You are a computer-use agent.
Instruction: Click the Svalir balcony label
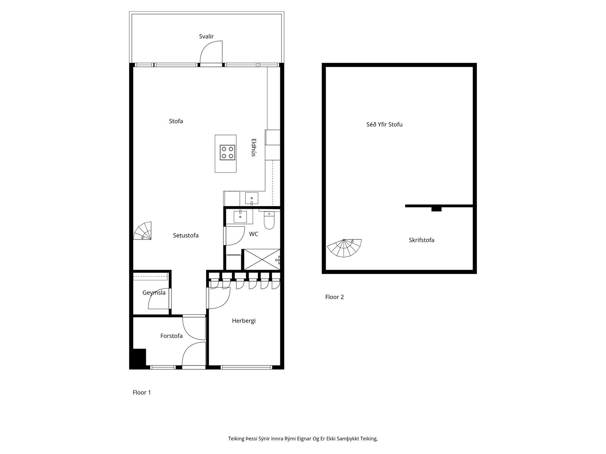(x=206, y=36)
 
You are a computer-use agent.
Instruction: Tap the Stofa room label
(x=176, y=121)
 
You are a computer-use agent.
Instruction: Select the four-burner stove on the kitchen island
(x=228, y=152)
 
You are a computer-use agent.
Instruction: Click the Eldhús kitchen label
(x=253, y=148)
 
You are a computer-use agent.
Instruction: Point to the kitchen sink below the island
(x=251, y=199)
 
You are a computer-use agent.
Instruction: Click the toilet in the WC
(x=269, y=221)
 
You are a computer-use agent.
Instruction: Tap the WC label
(x=253, y=234)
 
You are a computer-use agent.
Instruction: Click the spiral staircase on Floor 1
(x=142, y=231)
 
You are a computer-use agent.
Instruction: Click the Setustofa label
(x=186, y=235)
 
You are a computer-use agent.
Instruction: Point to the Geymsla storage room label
(x=154, y=293)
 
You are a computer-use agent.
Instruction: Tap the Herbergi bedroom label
(x=244, y=321)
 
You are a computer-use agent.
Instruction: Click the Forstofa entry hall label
(x=171, y=336)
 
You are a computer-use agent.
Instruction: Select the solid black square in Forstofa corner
(x=138, y=359)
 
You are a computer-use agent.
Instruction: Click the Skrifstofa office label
(x=421, y=240)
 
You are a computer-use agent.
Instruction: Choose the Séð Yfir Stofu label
(x=384, y=124)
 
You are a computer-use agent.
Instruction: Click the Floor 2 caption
(x=334, y=297)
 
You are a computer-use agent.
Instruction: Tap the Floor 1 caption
(x=142, y=393)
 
